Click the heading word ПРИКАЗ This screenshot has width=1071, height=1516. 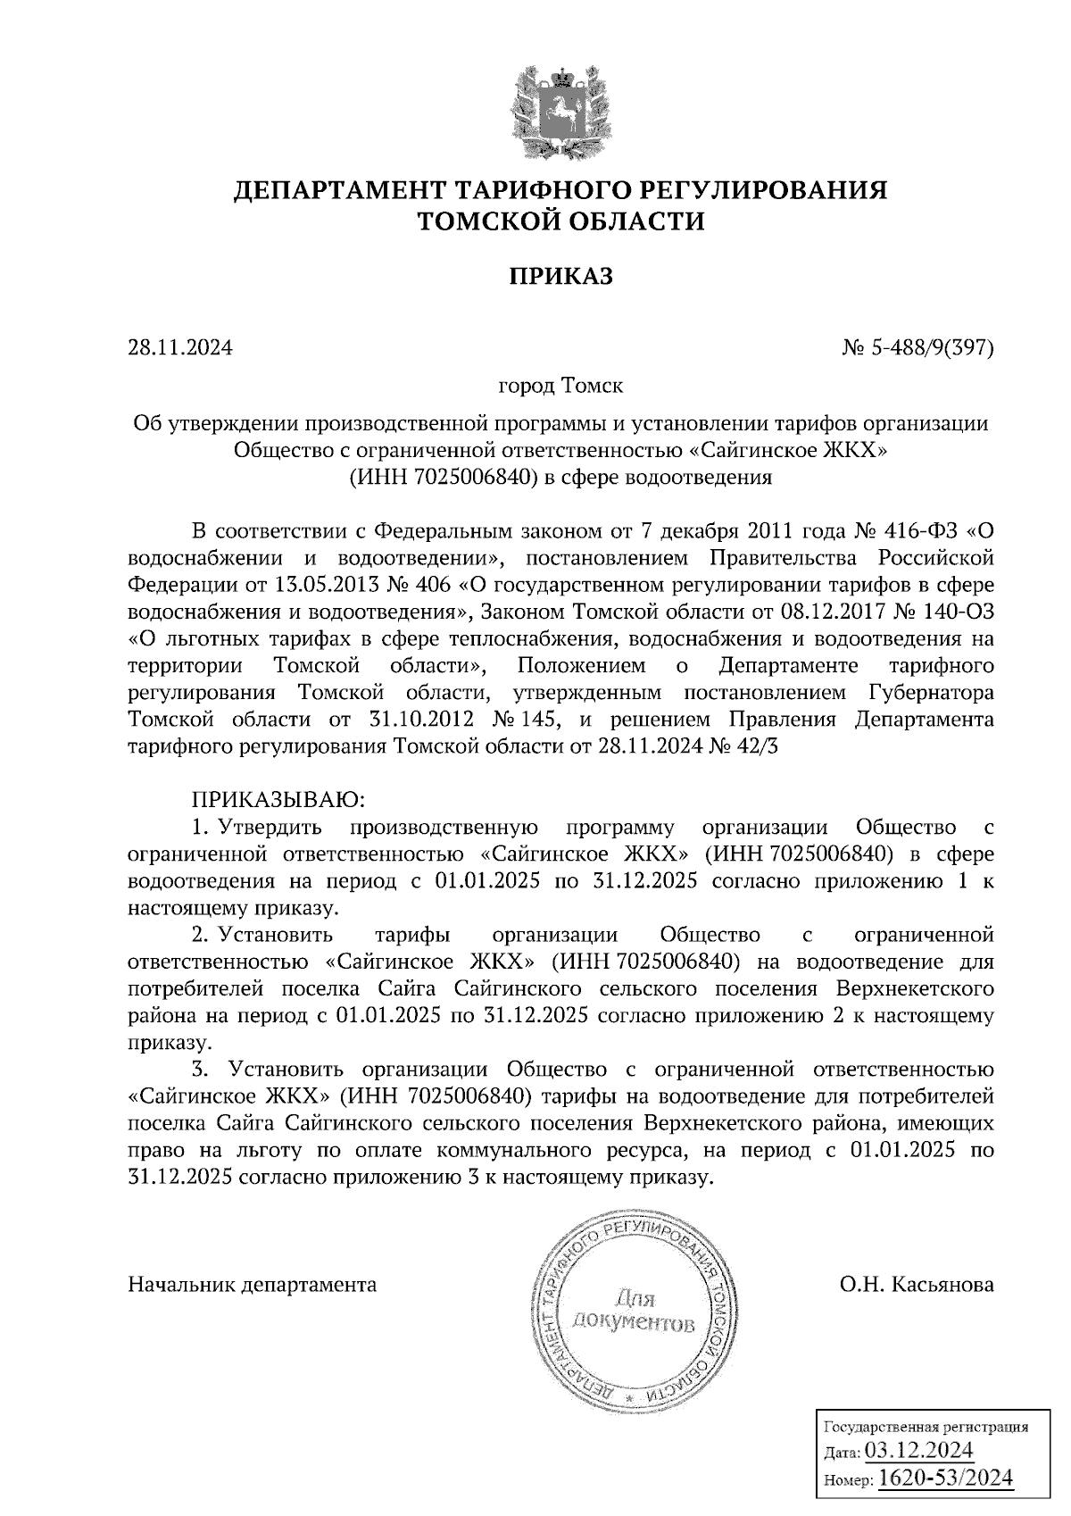[x=560, y=278]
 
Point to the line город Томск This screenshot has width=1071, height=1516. [x=560, y=387]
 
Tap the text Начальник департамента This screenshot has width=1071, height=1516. [x=253, y=1285]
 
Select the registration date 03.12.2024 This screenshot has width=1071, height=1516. [x=918, y=1449]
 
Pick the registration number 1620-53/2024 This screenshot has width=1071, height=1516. [x=945, y=1478]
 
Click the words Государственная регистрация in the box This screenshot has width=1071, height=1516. [x=924, y=1427]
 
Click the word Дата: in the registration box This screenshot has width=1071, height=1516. [x=841, y=1452]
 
